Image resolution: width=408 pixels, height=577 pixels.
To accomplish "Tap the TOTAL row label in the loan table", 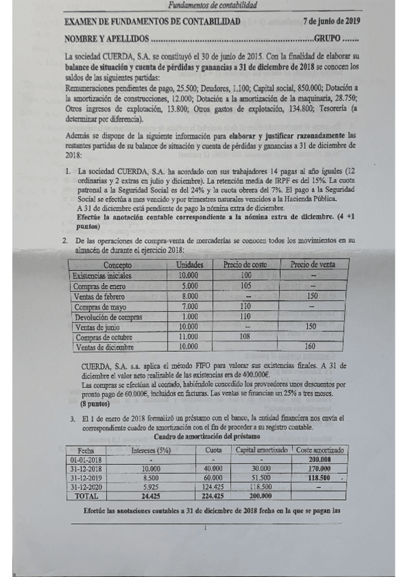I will [x=87, y=496].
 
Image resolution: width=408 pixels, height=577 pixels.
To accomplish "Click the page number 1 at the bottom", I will [x=205, y=527].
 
